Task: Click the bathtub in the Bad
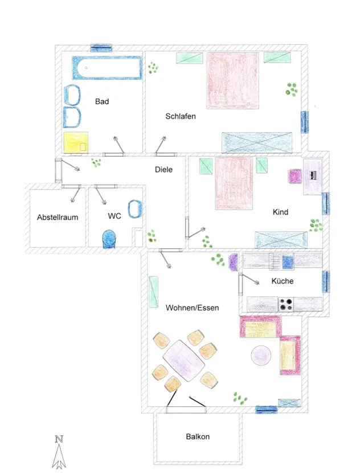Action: tap(107, 68)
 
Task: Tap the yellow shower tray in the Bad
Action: tap(76, 142)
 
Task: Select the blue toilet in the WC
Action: tap(109, 239)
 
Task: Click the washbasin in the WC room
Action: tap(135, 209)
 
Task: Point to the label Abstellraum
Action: tap(58, 217)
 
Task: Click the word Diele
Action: tap(164, 170)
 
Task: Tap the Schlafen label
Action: tap(181, 117)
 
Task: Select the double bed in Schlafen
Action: tap(232, 81)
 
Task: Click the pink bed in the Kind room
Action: tap(234, 183)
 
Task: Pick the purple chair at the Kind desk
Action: tap(295, 176)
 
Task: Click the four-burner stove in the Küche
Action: tap(286, 305)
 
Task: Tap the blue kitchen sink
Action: tap(288, 261)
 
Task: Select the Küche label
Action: tap(283, 281)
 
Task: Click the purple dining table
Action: tap(184, 360)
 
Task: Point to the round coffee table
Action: tap(261, 356)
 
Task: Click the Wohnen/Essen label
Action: tap(192, 308)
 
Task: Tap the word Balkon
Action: tap(198, 437)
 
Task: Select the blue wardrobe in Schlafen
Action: tap(257, 142)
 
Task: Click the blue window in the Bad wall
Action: tap(101, 48)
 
